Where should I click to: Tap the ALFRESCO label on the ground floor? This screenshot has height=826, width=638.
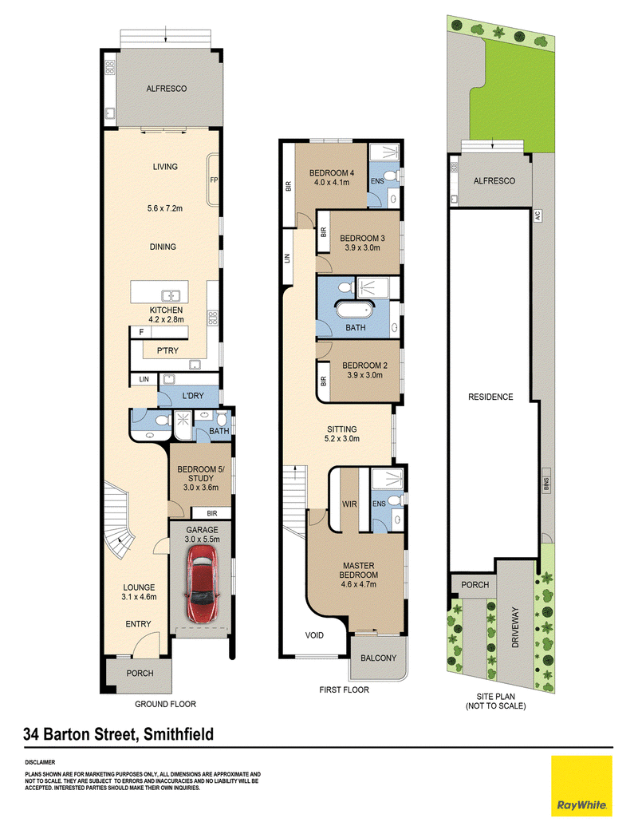pyautogui.click(x=167, y=89)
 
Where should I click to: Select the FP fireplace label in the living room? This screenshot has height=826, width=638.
pyautogui.click(x=214, y=180)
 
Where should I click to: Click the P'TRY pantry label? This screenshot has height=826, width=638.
pyautogui.click(x=167, y=350)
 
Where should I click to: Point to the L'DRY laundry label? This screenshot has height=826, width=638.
pyautogui.click(x=193, y=396)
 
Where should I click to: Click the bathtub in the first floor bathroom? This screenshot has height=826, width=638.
pyautogui.click(x=354, y=310)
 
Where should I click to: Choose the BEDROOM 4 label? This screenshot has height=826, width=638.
pyautogui.click(x=332, y=173)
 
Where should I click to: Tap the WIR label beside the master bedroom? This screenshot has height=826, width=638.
pyautogui.click(x=349, y=504)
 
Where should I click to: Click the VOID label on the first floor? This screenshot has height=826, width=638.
pyautogui.click(x=314, y=635)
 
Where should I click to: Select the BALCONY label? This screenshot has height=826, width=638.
pyautogui.click(x=379, y=658)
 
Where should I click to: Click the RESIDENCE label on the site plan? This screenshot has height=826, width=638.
pyautogui.click(x=490, y=397)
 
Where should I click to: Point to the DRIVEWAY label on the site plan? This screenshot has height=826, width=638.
pyautogui.click(x=515, y=627)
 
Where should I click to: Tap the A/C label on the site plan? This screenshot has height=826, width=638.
pyautogui.click(x=538, y=215)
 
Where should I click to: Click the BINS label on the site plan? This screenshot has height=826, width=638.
pyautogui.click(x=546, y=484)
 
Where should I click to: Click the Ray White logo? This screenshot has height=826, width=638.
pyautogui.click(x=581, y=786)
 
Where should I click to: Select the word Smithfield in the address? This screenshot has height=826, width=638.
pyautogui.click(x=179, y=733)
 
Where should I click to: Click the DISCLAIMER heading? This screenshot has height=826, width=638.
pyautogui.click(x=40, y=762)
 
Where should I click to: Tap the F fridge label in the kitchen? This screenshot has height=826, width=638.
pyautogui.click(x=141, y=333)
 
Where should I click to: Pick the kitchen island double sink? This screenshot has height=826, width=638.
pyautogui.click(x=171, y=296)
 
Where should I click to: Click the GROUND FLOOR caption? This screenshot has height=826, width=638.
pyautogui.click(x=165, y=704)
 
